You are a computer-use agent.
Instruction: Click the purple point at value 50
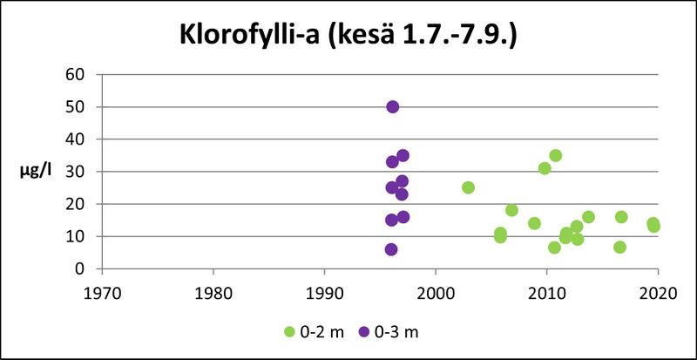[x=392, y=106]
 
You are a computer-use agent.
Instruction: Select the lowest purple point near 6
[x=391, y=249]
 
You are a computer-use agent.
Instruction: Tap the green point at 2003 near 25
[x=468, y=187]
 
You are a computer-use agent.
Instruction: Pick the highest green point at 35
[x=555, y=156]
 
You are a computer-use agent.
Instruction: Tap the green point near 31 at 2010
[x=545, y=168]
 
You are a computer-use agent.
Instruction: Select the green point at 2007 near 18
[x=511, y=210]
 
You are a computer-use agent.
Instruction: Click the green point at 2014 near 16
[x=588, y=217]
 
